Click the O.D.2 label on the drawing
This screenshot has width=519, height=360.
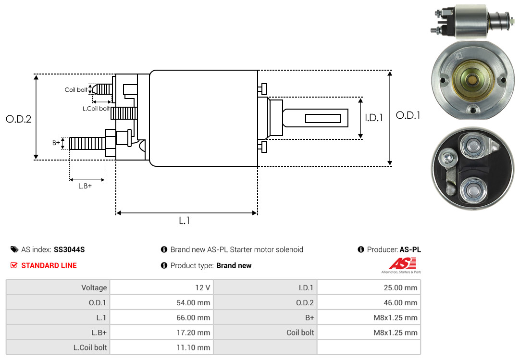[19, 119]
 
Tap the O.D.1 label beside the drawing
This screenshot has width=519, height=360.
[408, 115]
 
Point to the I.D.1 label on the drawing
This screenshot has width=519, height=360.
[374, 118]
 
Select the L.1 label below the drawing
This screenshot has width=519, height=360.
[185, 221]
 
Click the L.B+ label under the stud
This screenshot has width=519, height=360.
[85, 186]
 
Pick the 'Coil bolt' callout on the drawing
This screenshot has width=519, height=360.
[76, 90]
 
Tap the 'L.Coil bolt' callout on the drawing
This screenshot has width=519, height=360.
[96, 108]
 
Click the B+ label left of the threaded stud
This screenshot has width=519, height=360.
[56, 143]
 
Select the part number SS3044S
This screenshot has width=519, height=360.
[69, 249]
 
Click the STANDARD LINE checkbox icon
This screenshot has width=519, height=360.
[13, 265]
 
